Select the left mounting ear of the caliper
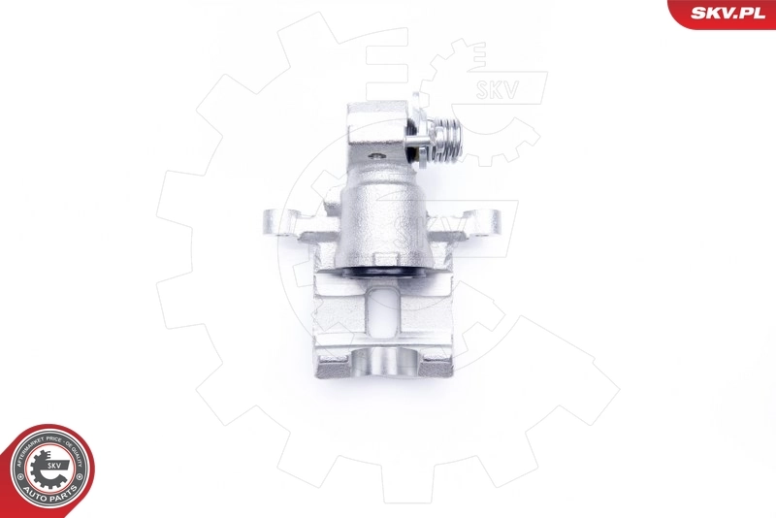pos(279,223)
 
